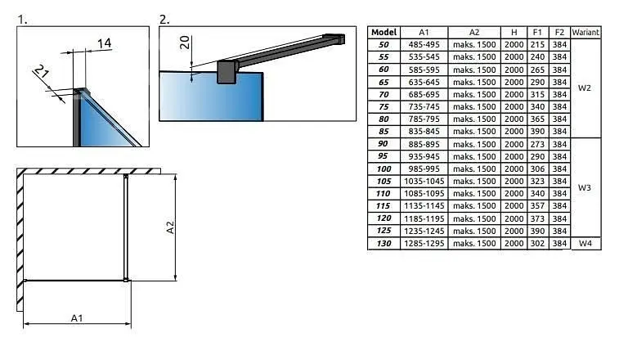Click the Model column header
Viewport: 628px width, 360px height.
[x=384, y=32]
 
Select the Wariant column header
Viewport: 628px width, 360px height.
[x=585, y=32]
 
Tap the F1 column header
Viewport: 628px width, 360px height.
[x=537, y=32]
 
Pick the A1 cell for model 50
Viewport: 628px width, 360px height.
[x=424, y=44]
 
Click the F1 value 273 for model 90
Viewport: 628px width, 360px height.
[x=537, y=144]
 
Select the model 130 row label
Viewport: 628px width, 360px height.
[x=384, y=243]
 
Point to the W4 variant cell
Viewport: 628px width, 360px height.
[x=585, y=243]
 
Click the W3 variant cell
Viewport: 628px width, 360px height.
[x=585, y=187]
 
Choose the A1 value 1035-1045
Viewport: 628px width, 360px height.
[x=424, y=181]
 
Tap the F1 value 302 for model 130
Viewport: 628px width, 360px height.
[x=537, y=243]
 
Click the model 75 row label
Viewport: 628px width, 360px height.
[x=384, y=106]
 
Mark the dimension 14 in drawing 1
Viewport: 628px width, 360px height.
[x=104, y=43]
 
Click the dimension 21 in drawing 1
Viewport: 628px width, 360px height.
[x=41, y=71]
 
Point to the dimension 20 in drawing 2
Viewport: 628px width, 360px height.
[x=185, y=43]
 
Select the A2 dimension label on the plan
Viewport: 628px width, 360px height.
[x=170, y=227]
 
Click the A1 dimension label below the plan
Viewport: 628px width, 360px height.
[x=77, y=318]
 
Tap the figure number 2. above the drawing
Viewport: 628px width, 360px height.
[x=164, y=20]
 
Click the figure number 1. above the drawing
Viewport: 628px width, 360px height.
[x=22, y=20]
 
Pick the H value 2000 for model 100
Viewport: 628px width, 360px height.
[x=514, y=169]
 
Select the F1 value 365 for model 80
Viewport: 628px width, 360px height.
[x=537, y=119]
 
